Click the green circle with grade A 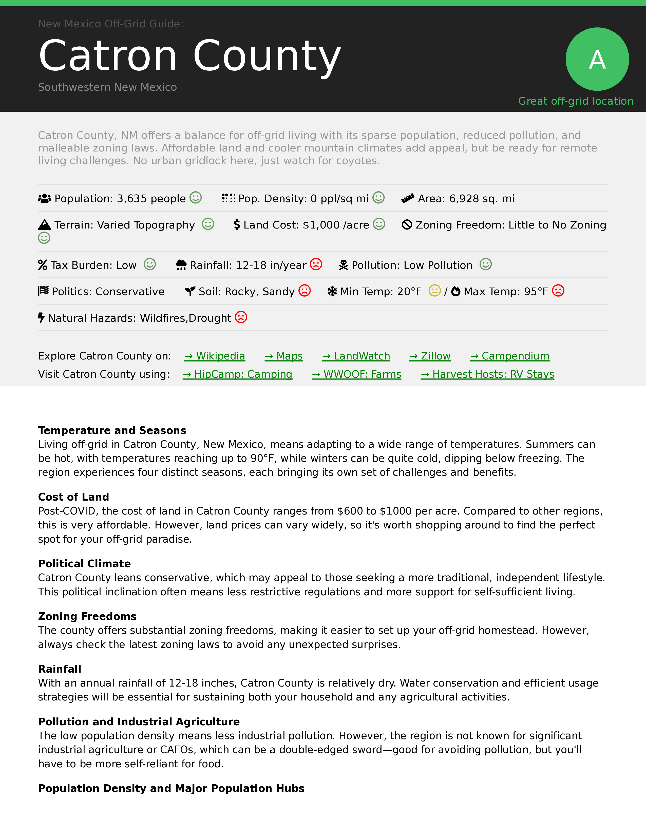pos(597,59)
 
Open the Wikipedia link pos(215,356)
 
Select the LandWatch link pos(356,356)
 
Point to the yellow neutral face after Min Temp pos(434,291)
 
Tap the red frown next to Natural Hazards pos(241,317)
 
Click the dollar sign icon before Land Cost pos(237,225)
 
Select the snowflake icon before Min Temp pos(332,291)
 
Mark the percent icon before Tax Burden pos(43,265)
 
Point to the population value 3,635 pos(132,199)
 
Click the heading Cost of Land pos(73,497)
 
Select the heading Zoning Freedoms pos(87,616)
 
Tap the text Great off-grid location pos(576,101)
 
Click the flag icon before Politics pos(43,291)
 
